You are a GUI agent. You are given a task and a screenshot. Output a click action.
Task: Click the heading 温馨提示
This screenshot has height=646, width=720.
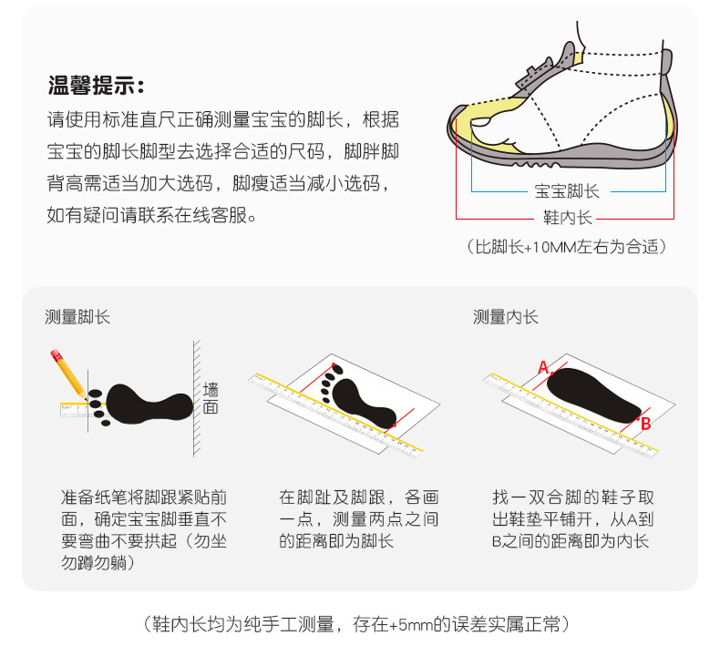(x=96, y=86)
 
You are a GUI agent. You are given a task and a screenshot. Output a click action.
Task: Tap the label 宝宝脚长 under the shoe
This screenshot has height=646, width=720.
(x=567, y=191)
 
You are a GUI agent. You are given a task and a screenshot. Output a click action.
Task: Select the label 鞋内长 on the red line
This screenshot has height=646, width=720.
(x=568, y=217)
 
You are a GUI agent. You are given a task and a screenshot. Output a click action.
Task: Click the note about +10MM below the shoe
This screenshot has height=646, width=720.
(x=567, y=247)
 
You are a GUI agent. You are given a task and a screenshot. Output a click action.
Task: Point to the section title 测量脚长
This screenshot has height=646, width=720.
(x=77, y=317)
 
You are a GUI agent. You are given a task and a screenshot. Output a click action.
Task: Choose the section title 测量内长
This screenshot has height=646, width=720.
(x=505, y=317)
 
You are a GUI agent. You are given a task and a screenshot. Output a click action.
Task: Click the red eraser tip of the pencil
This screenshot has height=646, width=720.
(x=56, y=355)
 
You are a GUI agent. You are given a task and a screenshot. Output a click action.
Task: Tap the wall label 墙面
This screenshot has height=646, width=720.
(x=211, y=398)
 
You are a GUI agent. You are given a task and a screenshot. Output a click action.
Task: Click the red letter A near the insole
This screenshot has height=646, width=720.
(x=543, y=368)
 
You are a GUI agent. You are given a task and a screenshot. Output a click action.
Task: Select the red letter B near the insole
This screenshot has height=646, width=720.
(x=645, y=424)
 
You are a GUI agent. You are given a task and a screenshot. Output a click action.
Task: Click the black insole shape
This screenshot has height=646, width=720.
(x=593, y=395)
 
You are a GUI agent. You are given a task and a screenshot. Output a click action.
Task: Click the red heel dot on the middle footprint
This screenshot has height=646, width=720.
(x=394, y=426)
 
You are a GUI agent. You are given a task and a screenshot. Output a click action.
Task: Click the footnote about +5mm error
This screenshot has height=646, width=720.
(x=356, y=624)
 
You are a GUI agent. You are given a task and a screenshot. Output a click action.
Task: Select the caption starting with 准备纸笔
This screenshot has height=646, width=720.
(x=144, y=530)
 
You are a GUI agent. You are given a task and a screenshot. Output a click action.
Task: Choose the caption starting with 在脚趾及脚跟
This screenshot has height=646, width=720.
(x=358, y=519)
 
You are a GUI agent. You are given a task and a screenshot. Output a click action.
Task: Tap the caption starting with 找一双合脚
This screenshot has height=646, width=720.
(x=572, y=519)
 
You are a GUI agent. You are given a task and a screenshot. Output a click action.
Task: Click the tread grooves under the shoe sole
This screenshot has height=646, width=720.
(x=536, y=164)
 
